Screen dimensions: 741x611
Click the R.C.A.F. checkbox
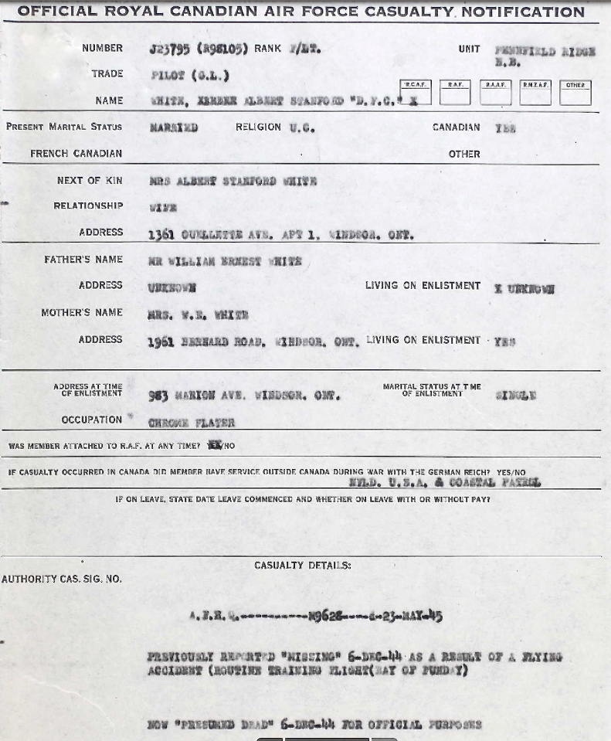point(416,93)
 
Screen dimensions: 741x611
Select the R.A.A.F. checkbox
point(495,93)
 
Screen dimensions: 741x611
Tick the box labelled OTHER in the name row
point(575,93)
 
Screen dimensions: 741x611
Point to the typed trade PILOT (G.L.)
point(189,75)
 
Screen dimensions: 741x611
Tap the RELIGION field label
point(258,127)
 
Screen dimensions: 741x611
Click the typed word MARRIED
point(173,127)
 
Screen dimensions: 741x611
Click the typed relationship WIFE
point(163,207)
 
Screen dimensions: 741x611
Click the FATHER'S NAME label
point(83,260)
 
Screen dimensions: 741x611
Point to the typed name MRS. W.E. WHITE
point(198,314)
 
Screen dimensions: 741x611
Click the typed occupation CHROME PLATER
point(191,423)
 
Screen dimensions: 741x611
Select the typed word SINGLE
point(515,395)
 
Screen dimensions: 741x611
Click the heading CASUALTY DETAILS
point(302,566)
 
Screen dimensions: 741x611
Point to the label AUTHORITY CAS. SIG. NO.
point(62,579)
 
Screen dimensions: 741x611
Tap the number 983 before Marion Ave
point(158,395)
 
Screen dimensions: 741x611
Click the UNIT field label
point(469,49)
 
